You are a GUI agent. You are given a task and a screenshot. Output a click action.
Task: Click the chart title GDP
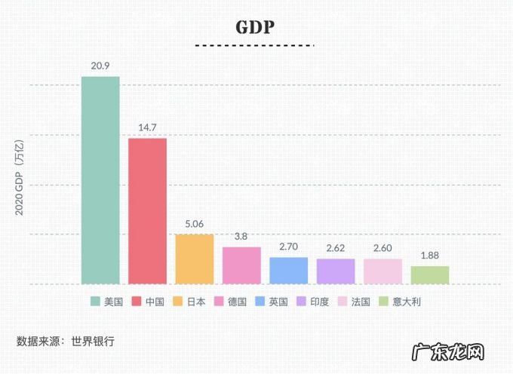coord(255,27)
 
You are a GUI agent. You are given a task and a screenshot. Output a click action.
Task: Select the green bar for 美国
coord(100,180)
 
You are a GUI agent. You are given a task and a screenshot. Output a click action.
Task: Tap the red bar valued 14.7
coord(147,211)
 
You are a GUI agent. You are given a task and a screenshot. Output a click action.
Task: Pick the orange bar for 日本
coord(195,259)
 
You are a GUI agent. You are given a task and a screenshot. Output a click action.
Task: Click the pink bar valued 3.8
coord(241,265)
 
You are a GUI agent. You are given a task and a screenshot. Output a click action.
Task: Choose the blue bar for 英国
coord(289,270)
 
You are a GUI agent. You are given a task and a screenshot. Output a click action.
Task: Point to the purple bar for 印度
coord(336,271)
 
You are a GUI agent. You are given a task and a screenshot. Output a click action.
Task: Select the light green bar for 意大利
coord(430,274)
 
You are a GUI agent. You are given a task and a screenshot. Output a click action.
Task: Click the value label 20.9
coord(100,66)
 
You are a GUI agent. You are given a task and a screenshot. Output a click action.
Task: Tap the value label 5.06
coord(195,223)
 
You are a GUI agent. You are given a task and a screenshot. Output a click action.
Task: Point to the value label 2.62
coord(336,248)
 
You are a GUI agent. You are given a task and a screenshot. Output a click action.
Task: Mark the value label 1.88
coord(430,256)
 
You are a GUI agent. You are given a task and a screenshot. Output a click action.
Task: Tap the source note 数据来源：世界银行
coord(66,341)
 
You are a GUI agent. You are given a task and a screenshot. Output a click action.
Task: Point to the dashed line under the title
coord(255,46)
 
